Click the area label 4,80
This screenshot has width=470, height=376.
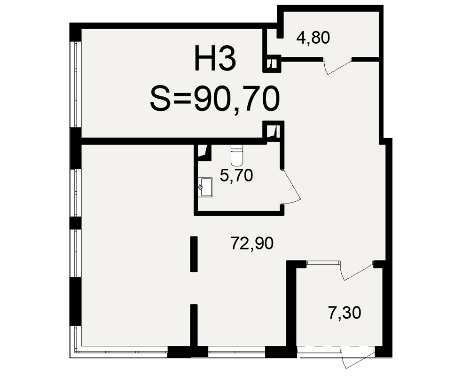(313, 38)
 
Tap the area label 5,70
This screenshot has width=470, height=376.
(236, 175)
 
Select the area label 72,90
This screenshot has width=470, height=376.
(252, 243)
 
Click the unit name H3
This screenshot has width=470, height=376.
(215, 58)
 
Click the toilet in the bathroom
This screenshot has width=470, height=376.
(237, 155)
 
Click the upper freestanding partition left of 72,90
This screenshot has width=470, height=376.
(194, 254)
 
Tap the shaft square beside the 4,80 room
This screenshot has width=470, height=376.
(272, 63)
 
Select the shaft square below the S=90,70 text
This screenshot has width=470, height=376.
(274, 130)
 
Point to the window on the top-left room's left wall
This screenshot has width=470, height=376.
(75, 85)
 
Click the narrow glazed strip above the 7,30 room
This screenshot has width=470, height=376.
(323, 263)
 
